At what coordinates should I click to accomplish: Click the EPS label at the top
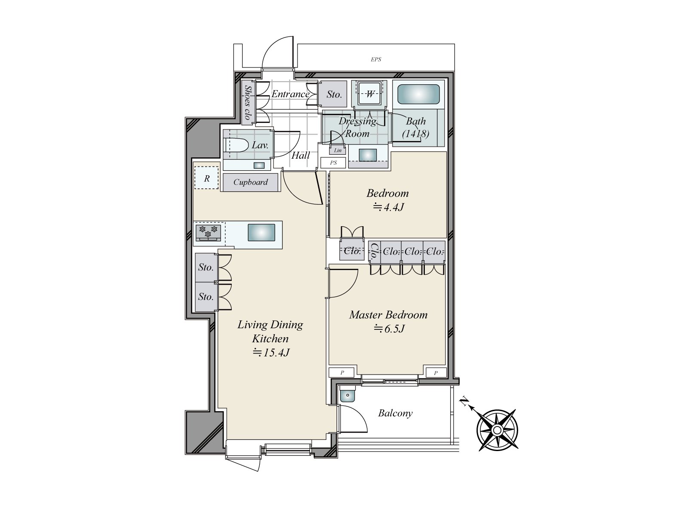[x=376, y=59]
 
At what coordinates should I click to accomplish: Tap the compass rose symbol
[x=497, y=430]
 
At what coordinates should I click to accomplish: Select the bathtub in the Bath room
[x=418, y=94]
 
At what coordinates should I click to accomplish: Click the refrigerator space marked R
[x=207, y=178]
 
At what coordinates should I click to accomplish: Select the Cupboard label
[x=250, y=182]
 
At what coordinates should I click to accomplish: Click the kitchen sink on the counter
[x=261, y=233]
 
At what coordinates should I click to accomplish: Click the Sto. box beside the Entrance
[x=334, y=94]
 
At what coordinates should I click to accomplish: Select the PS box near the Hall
[x=333, y=163]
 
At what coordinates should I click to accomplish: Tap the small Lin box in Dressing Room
[x=338, y=150]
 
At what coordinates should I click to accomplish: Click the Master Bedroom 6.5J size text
[x=389, y=329]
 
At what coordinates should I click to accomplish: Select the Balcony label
[x=395, y=413]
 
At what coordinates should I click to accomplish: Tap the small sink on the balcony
[x=347, y=394]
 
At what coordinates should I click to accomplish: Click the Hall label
[x=300, y=155]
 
